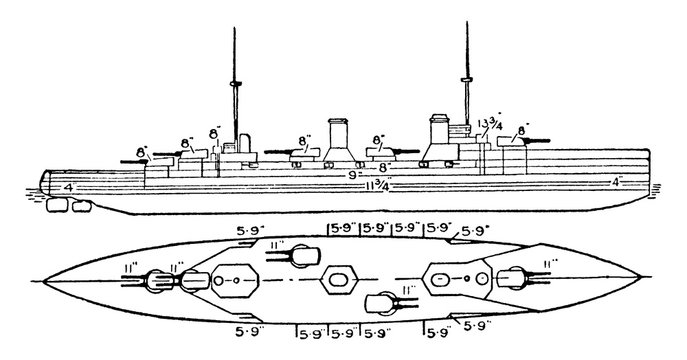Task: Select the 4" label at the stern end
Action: pos(68,186)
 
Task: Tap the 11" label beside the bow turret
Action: pos(549,262)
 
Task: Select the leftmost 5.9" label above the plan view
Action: pos(248,228)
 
